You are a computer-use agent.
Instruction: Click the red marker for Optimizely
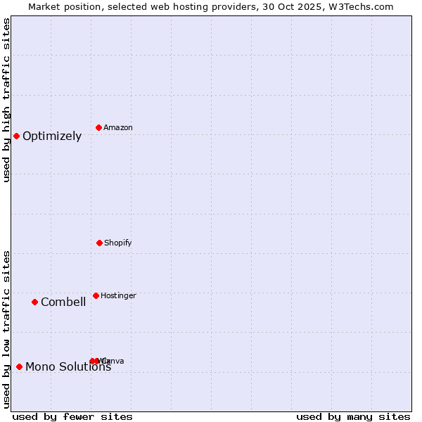pos(16,136)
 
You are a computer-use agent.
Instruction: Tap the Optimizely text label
pos(52,136)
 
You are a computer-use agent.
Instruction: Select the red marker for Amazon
pos(99,127)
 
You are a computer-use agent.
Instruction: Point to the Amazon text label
pos(118,128)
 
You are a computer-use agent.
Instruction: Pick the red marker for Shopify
pos(99,243)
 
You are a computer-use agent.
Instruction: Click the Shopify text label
pos(118,243)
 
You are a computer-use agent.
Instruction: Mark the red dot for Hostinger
pos(96,295)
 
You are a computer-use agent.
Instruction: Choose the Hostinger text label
pos(118,296)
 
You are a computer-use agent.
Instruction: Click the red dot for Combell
pos(34,302)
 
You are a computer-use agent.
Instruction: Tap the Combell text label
pos(63,302)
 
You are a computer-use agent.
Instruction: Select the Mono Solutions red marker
pos(19,366)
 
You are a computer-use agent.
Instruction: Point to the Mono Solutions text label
pos(68,367)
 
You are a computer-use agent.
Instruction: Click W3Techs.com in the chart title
pos(363,7)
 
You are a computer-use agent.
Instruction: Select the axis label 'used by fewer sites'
pos(72,417)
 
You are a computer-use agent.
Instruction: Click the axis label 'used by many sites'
pos(353,417)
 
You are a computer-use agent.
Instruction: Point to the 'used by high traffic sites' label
pos(7,100)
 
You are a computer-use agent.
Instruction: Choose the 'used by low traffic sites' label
pos(7,329)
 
